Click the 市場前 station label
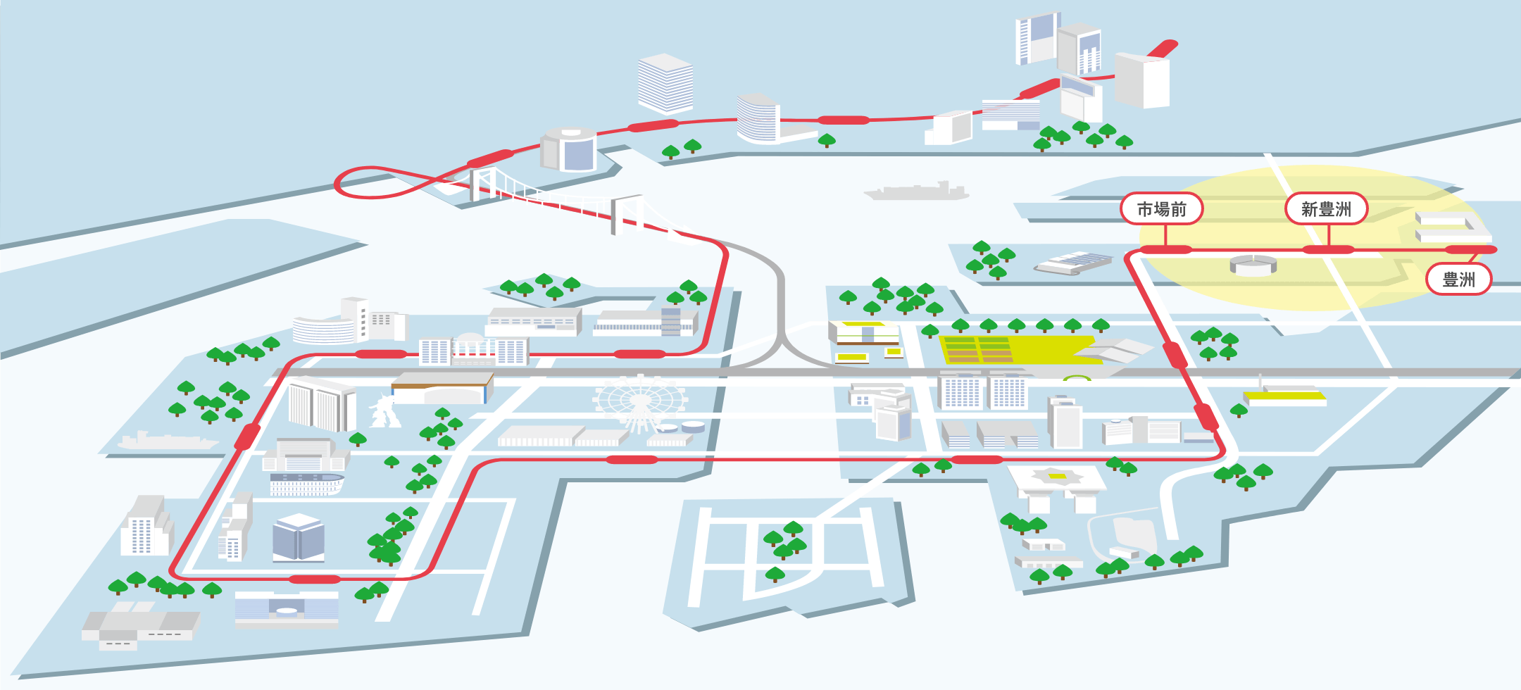1162,209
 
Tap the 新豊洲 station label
1326,209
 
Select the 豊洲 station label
1458,280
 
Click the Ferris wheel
639,403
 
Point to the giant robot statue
384,410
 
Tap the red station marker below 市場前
1165,250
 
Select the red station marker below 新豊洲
1328,250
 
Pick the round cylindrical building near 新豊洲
1253,265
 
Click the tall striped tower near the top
665,84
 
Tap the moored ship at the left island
168,441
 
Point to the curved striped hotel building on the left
324,330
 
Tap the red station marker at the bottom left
315,579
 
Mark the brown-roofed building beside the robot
442,388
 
